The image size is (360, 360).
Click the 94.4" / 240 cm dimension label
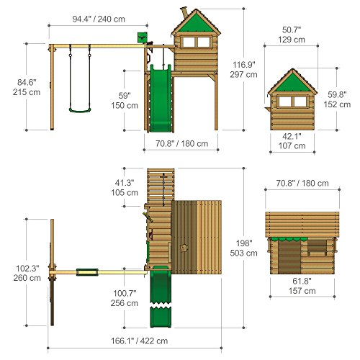99,19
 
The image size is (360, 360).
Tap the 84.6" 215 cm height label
27,87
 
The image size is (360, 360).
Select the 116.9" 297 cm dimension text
243,70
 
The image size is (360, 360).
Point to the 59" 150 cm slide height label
125,101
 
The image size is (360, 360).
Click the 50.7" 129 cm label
292,35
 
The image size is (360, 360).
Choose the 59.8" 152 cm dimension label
337,99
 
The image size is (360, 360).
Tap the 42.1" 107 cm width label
292,141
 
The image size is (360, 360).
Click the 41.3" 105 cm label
125,188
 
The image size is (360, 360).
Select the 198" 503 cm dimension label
243,248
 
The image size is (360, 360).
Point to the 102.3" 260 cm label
27,273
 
